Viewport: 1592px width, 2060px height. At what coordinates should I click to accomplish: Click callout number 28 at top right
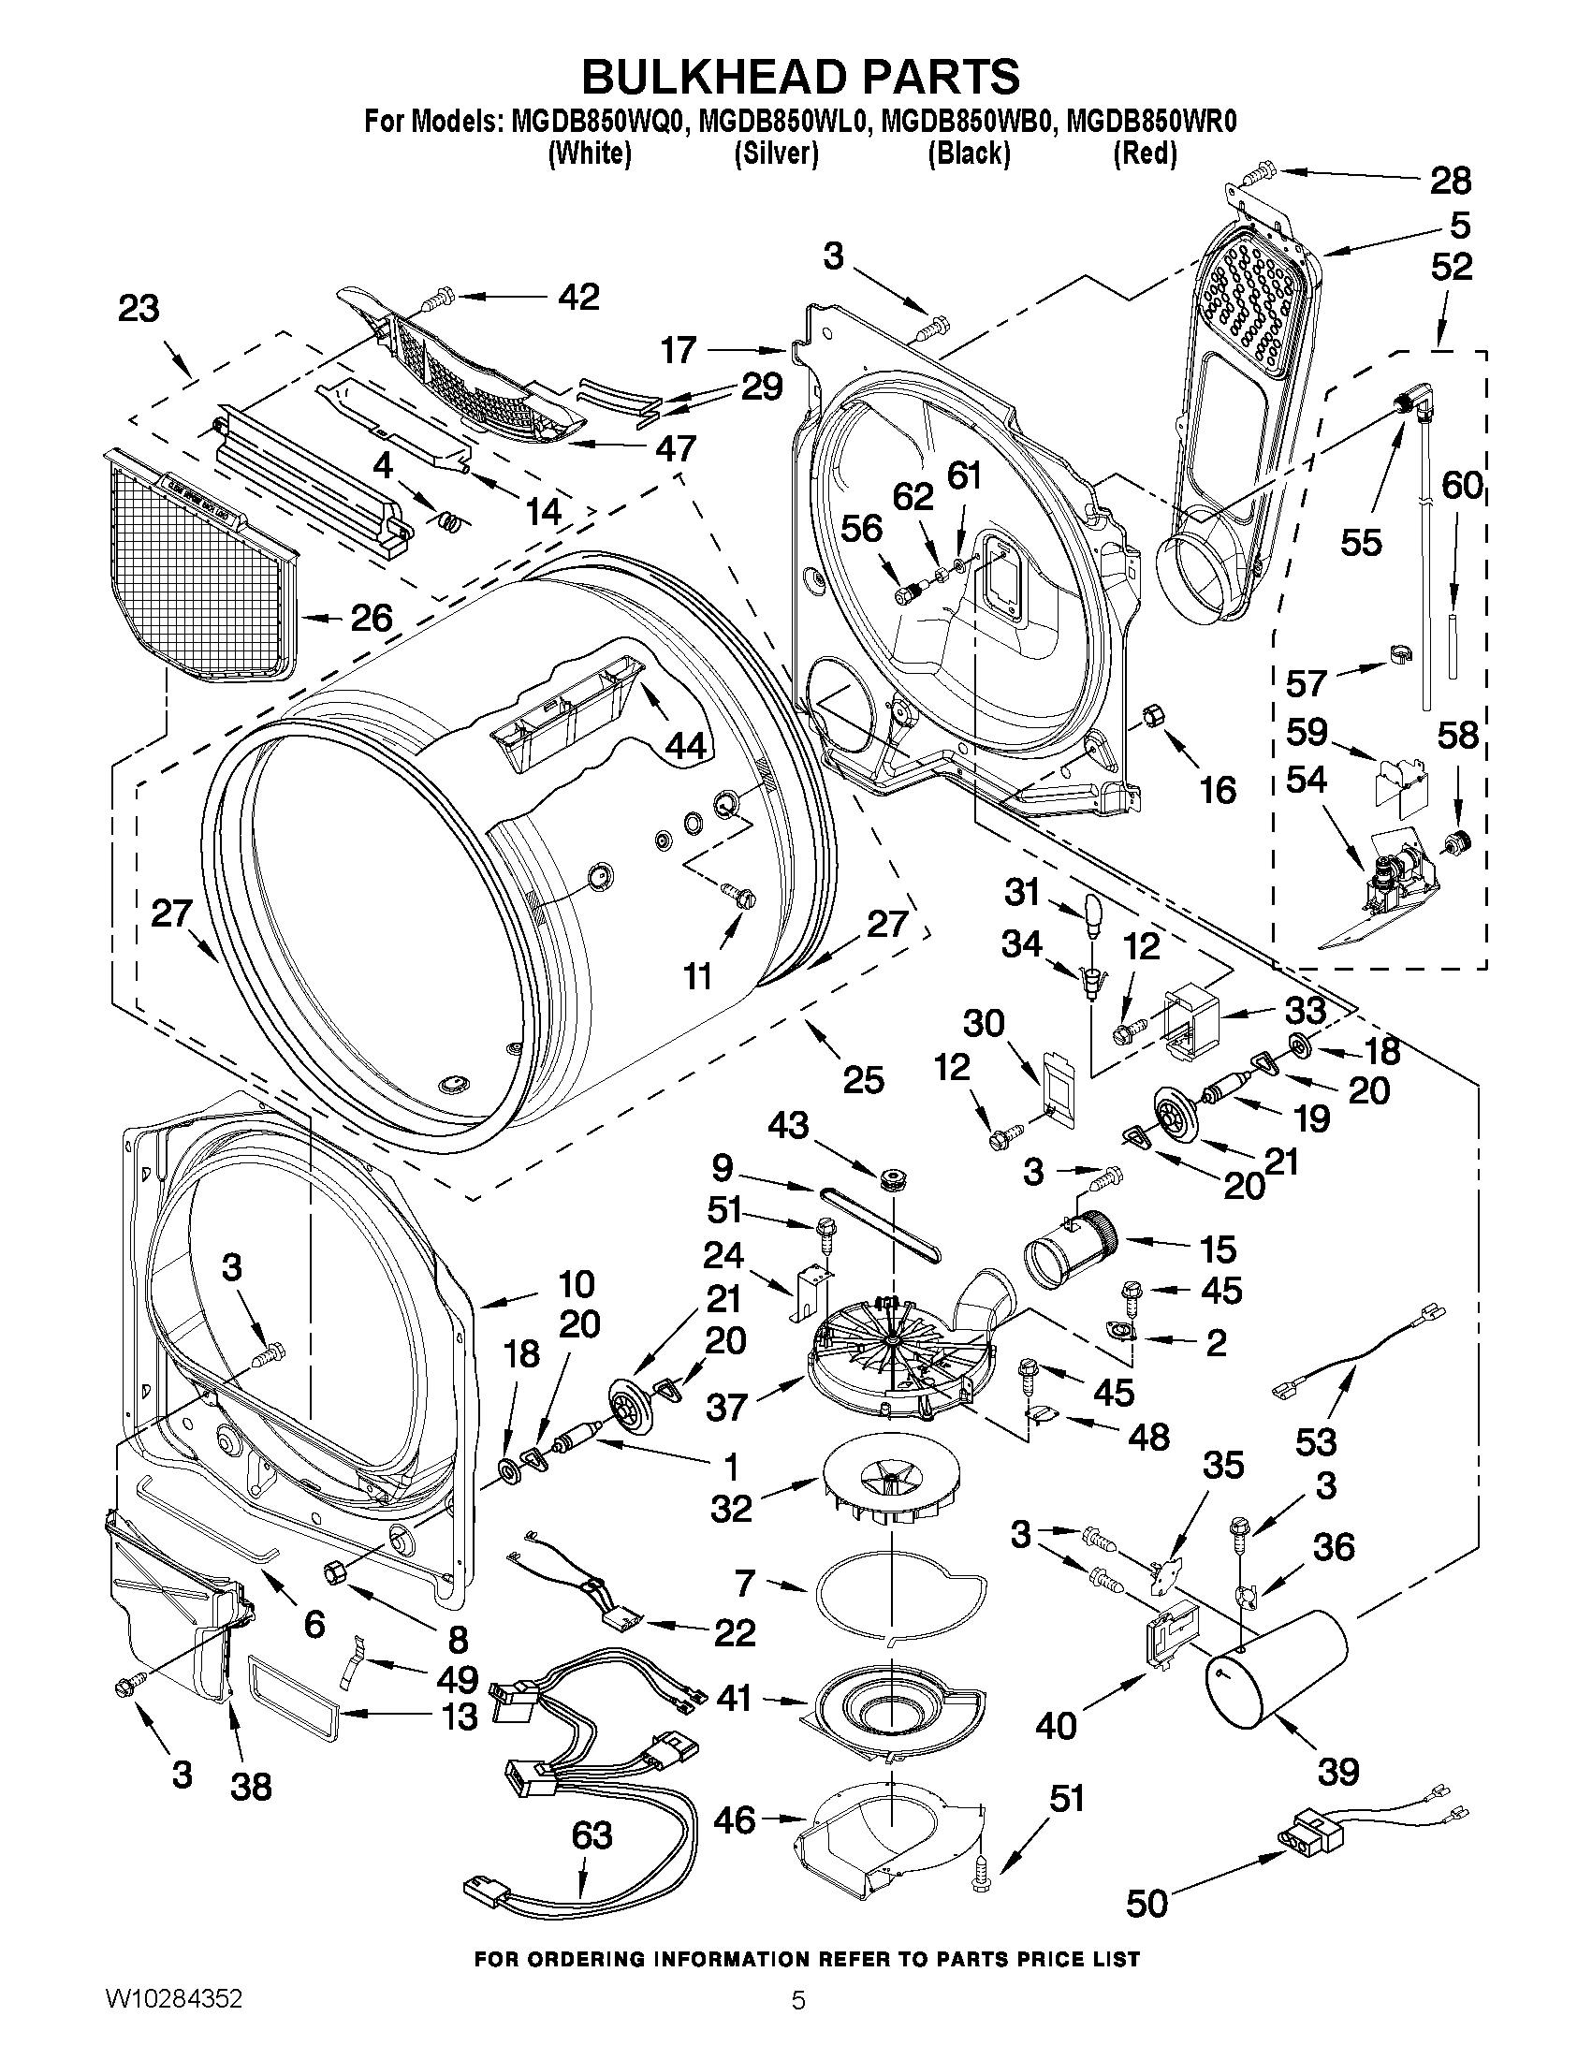(x=1450, y=180)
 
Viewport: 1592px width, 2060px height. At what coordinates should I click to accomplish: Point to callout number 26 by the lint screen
(x=371, y=618)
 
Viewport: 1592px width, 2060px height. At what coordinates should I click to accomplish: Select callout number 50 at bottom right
(x=1147, y=1903)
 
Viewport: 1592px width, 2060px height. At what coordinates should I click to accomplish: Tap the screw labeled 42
(x=437, y=300)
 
